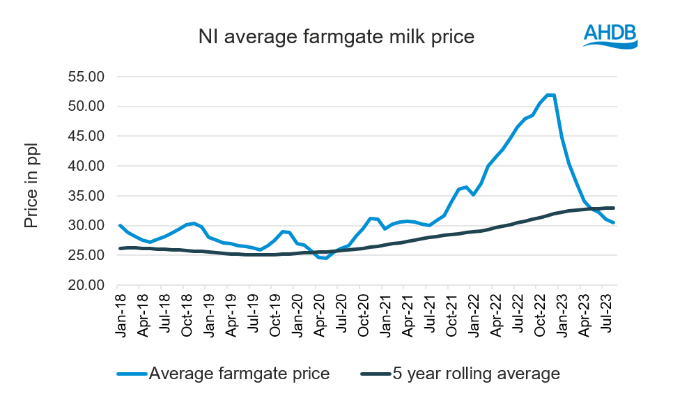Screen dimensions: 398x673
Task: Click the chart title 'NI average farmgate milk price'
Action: pos(336,37)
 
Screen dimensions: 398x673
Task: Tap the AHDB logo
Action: pos(610,35)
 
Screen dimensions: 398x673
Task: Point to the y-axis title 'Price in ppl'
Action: pos(31,186)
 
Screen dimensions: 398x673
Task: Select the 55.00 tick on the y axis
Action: pos(85,76)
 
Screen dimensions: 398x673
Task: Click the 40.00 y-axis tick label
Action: pos(85,166)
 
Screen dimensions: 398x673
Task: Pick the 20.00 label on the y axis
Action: pos(85,285)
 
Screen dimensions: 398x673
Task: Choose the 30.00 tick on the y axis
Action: pos(85,226)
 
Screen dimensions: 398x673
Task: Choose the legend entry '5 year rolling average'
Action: pos(460,374)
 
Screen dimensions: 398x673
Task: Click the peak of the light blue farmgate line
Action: pos(550,95)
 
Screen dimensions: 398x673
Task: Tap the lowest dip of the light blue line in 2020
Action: pos(325,259)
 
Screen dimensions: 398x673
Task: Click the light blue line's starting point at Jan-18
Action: pos(120,225)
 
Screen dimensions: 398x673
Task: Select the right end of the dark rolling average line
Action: pos(613,208)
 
